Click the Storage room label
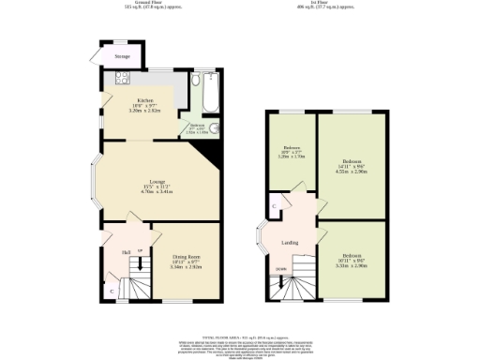pos(122,57)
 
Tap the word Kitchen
pos(145,99)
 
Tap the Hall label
pos(125,252)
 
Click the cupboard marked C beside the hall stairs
pos(112,291)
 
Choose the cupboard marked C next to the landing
pos(273,205)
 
